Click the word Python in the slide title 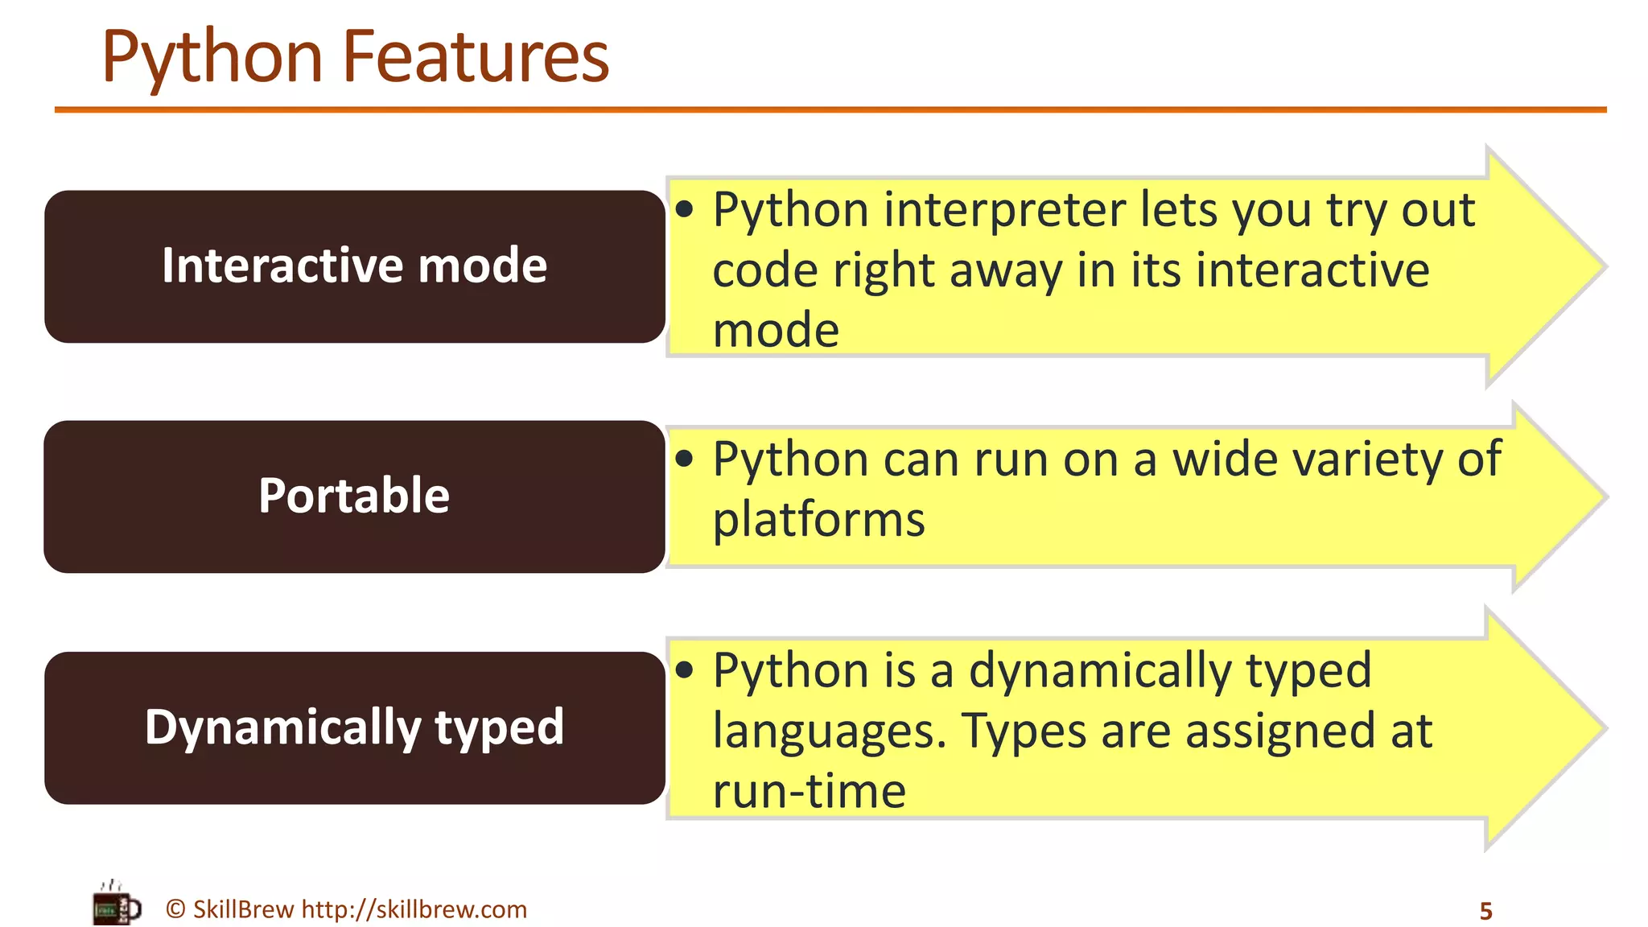tap(212, 58)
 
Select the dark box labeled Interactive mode tap(354, 266)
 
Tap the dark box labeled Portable tap(354, 496)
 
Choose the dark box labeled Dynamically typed tap(354, 727)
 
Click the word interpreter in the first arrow tap(1004, 211)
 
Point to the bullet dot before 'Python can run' tap(685, 459)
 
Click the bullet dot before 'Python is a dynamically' tap(685, 670)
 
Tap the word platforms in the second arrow tap(818, 520)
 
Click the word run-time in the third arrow tap(809, 791)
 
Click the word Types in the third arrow tap(1024, 732)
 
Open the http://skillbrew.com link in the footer tap(414, 909)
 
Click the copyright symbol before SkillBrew tap(175, 909)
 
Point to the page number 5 tap(1485, 911)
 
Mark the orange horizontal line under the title tap(829, 109)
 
